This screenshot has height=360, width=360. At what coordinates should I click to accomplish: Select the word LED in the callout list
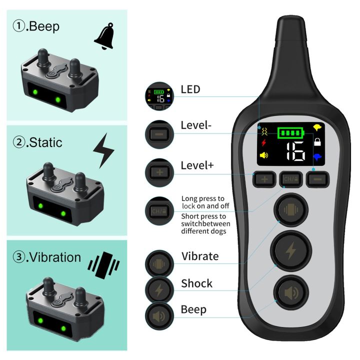click(190, 89)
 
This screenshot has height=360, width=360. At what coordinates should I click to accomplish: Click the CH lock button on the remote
click(290, 178)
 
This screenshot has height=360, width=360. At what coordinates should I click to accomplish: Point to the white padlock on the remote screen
click(316, 142)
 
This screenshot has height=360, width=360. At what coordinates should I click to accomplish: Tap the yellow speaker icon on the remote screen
click(264, 155)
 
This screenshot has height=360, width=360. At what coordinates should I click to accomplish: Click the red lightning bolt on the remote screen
click(264, 143)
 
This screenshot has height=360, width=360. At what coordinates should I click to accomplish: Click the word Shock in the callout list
click(196, 283)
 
